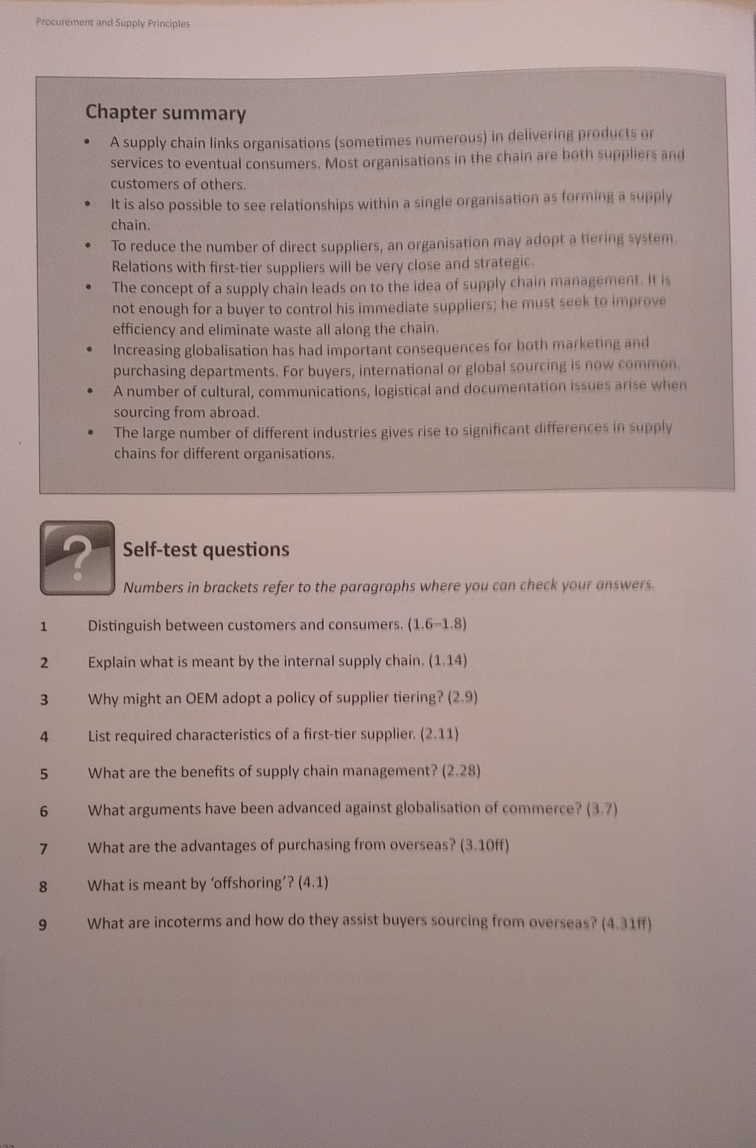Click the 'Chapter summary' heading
[165, 113]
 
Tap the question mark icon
[78, 558]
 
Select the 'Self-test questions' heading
[206, 549]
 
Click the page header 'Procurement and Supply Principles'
[113, 23]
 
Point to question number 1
[44, 626]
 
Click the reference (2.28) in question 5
[461, 771]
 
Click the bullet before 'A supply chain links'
[87, 142]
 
